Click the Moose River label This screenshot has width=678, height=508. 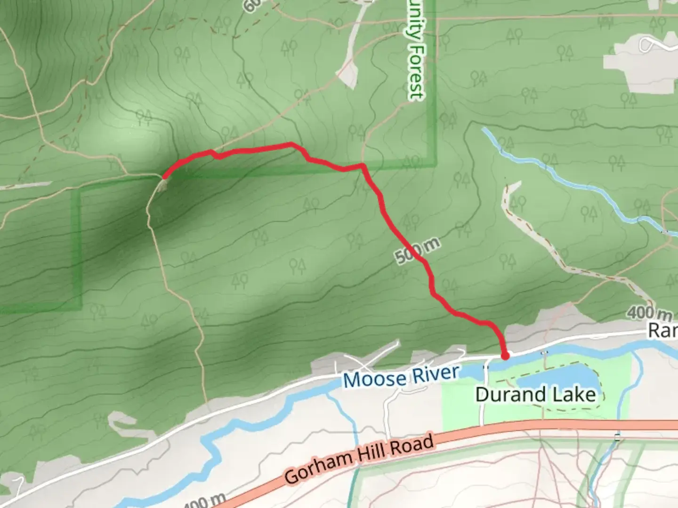(x=401, y=376)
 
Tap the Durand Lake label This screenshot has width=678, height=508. (x=535, y=394)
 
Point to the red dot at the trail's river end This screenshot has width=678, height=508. (x=505, y=356)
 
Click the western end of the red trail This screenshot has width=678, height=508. (x=164, y=177)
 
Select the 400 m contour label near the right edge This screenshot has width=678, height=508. (x=649, y=312)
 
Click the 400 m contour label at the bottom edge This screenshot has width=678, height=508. (x=203, y=501)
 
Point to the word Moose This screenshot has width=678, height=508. (x=374, y=380)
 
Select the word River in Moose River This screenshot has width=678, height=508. (x=436, y=374)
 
